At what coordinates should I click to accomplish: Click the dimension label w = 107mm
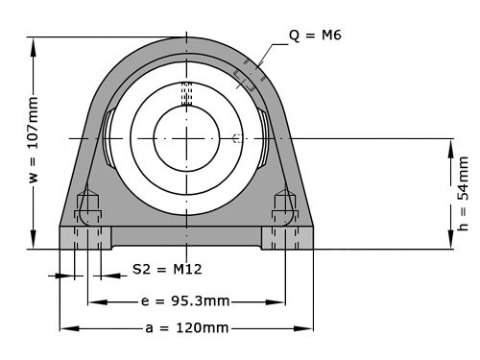click(x=34, y=144)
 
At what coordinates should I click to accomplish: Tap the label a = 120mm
click(x=186, y=328)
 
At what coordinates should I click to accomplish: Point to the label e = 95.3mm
click(x=186, y=301)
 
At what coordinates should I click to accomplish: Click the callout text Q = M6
click(x=315, y=36)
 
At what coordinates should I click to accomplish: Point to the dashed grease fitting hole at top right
click(x=247, y=76)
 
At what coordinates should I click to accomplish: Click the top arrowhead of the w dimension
click(x=34, y=41)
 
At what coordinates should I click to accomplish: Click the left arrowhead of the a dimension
click(x=64, y=328)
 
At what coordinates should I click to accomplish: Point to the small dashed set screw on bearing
click(x=236, y=138)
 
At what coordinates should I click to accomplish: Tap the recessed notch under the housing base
click(x=186, y=245)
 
